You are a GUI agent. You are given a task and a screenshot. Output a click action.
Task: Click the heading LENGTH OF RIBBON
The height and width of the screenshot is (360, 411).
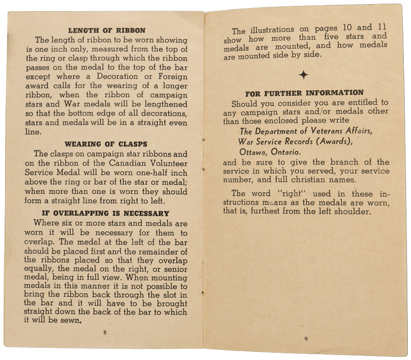[107, 31]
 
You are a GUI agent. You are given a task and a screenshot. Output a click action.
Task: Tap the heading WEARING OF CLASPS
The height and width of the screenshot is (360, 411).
[106, 145]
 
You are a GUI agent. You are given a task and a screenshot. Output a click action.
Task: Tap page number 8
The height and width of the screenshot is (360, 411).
[105, 332]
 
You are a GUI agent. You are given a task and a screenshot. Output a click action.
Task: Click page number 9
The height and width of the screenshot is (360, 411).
[306, 339]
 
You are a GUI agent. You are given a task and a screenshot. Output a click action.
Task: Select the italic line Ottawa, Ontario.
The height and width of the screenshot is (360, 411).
[270, 152]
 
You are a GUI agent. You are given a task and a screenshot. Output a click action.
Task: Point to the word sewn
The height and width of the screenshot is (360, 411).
[72, 321]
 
